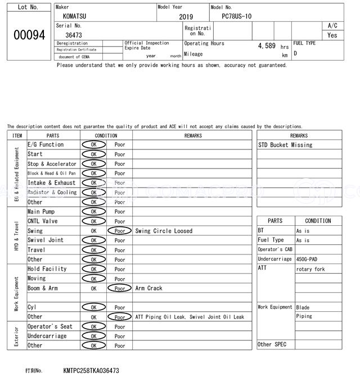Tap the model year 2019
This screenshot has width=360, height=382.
pos(186,17)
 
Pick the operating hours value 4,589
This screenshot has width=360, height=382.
pos(266,46)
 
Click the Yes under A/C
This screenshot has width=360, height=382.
pos(332,35)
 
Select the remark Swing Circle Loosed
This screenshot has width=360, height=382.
pos(164,231)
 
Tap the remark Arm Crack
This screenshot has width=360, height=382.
pos(148,288)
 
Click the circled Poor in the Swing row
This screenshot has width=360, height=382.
pos(119,231)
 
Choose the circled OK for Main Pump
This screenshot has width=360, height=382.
pos(93,212)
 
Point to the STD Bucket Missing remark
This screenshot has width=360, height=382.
pos(285,145)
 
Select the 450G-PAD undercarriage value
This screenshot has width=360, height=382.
pos(309,259)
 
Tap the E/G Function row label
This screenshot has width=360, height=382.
pos(46,144)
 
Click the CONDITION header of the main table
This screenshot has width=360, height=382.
pos(106,135)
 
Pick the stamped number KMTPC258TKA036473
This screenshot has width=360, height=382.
pos(91,371)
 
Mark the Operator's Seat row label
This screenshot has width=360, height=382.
pos(50,326)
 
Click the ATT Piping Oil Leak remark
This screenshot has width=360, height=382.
pos(190,317)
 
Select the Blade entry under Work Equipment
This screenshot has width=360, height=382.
pos(303,307)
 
